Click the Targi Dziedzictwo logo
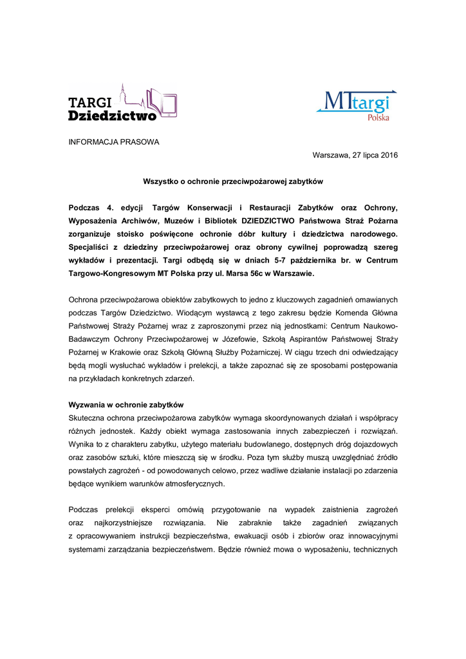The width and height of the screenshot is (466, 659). [x=122, y=103]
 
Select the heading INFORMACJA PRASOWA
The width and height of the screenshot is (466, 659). [x=114, y=142]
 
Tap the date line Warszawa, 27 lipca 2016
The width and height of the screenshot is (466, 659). [x=355, y=156]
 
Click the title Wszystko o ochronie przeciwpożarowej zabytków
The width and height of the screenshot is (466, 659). [x=232, y=182]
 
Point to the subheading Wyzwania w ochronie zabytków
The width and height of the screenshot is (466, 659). [x=126, y=405]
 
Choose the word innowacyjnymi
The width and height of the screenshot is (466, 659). [x=369, y=537]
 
